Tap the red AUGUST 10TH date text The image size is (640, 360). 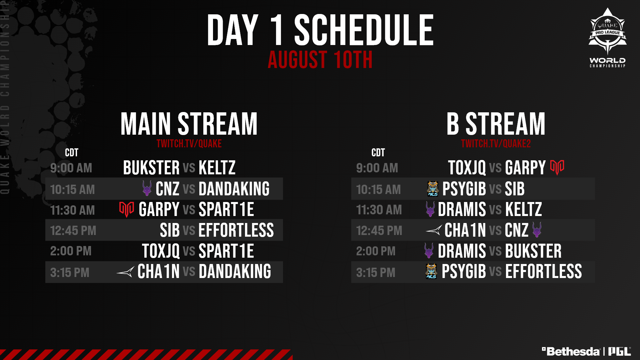320,60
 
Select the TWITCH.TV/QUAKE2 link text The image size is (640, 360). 496,144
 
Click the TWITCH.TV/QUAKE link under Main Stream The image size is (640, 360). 189,144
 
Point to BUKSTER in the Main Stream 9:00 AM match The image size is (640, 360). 151,168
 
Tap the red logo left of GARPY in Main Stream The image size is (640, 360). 127,209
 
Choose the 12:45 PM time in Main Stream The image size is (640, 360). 73,231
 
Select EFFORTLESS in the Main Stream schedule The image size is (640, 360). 236,230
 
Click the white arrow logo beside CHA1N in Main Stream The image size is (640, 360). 125,272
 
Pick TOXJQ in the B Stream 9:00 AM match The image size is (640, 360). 467,168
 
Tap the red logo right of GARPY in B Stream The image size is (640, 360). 557,167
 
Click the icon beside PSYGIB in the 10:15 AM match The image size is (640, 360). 433,188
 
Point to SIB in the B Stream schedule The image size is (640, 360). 515,189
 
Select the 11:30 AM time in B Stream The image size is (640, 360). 379,210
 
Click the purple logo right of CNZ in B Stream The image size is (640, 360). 537,230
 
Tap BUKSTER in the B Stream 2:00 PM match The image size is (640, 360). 533,251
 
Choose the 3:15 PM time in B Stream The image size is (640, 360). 376,273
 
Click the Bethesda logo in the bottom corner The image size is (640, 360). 571,351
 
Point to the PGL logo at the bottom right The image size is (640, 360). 620,351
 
